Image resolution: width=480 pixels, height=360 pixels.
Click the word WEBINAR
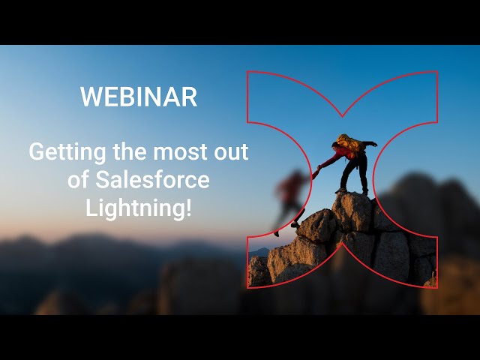point(139,97)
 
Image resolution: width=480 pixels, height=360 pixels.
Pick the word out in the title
point(232,152)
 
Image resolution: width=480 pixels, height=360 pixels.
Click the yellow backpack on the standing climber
point(347,142)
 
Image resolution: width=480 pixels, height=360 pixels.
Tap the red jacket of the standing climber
point(343,154)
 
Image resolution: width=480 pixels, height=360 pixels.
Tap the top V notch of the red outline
point(342,116)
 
